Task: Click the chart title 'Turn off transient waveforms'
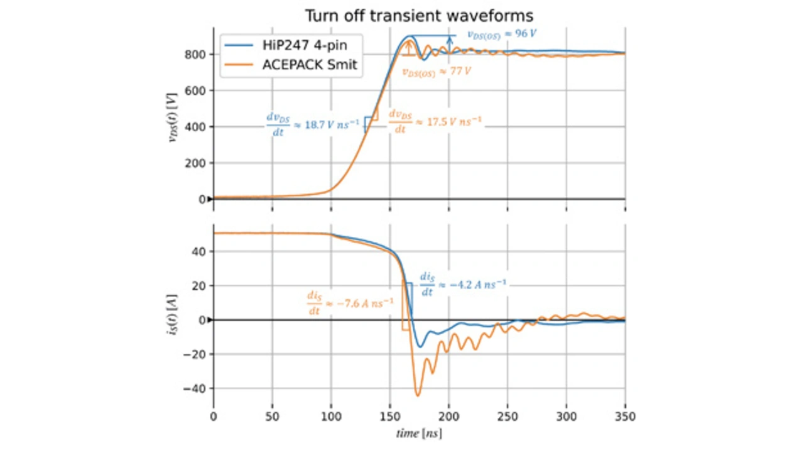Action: pyautogui.click(x=419, y=15)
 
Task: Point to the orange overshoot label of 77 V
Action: pyautogui.click(x=437, y=72)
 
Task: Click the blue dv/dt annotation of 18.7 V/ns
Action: pyautogui.click(x=311, y=123)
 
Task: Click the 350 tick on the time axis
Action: pyautogui.click(x=624, y=417)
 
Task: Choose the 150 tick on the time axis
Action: pyautogui.click(x=389, y=417)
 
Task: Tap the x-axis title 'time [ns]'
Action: pyautogui.click(x=419, y=434)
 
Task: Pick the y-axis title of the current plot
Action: pyautogui.click(x=171, y=319)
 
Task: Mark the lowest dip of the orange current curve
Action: pyautogui.click(x=417, y=396)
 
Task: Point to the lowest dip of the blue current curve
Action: pyautogui.click(x=420, y=347)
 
